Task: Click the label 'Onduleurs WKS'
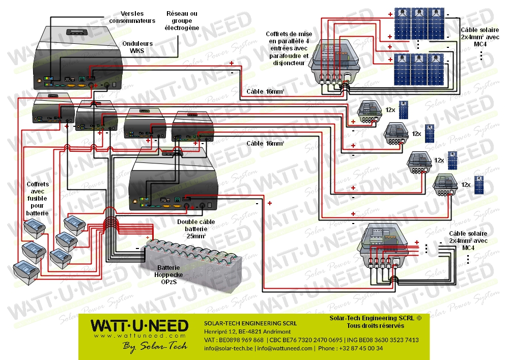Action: (137, 47)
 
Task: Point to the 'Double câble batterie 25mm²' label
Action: (196, 229)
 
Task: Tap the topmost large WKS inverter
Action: (79, 59)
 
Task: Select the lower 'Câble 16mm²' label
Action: (265, 144)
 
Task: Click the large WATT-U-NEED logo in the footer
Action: (139, 326)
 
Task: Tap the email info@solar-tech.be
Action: (228, 348)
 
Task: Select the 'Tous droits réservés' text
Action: (376, 326)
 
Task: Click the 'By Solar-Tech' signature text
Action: (155, 346)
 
